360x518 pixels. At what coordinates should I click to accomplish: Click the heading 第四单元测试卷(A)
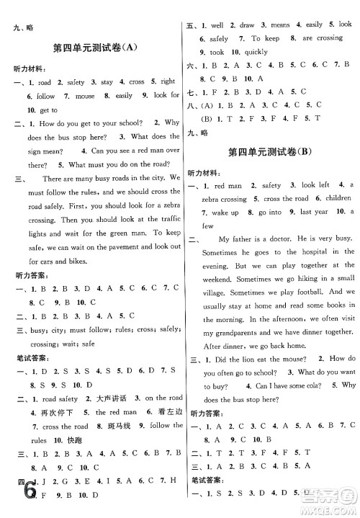click(x=94, y=48)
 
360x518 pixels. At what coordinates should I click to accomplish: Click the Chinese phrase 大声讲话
click(x=104, y=398)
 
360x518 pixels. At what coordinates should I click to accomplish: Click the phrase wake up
click(x=222, y=213)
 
